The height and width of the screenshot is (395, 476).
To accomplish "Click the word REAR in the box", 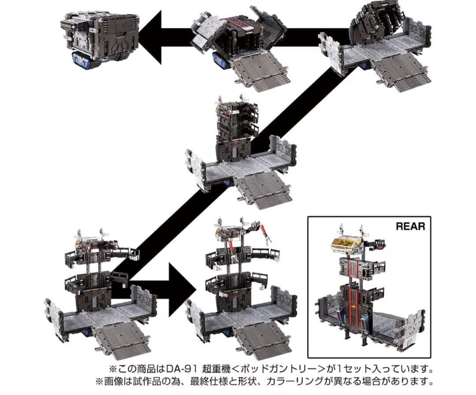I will pos(410,226).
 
